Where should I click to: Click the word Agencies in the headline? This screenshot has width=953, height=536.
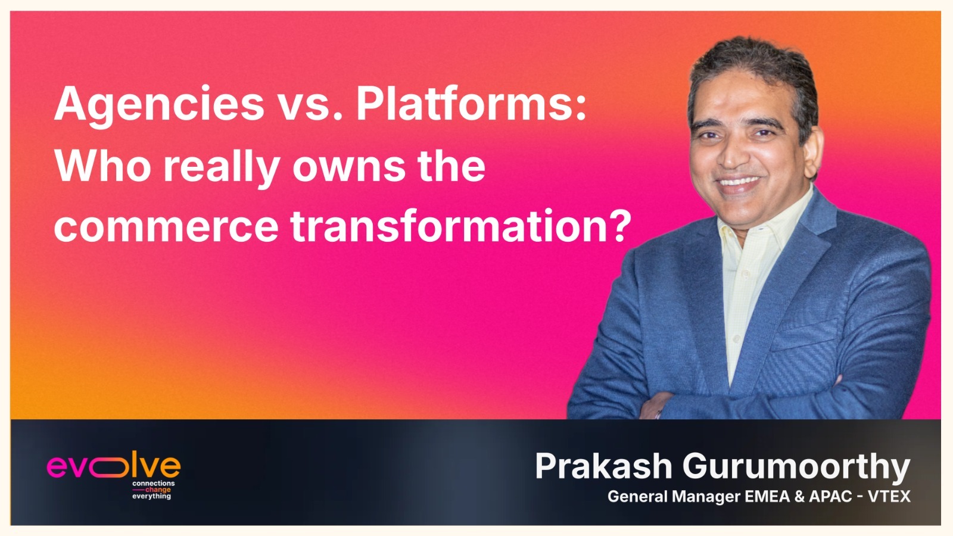[x=158, y=105]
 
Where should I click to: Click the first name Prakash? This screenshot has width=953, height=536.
[x=603, y=466]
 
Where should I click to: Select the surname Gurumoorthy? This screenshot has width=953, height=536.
[x=796, y=467]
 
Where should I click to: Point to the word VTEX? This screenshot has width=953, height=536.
[x=889, y=497]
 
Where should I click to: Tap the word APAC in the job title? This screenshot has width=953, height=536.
[x=830, y=497]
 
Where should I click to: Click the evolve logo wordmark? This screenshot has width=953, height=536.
[x=113, y=466]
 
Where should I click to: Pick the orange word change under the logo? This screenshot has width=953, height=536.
[x=158, y=490]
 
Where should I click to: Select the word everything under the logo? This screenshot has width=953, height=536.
[x=151, y=496]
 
